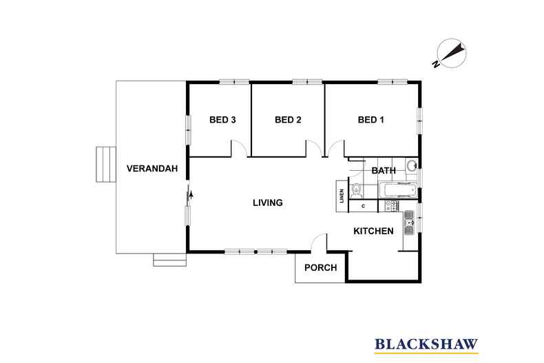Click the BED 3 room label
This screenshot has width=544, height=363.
(x=222, y=120)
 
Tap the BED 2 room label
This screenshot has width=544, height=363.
(x=288, y=120)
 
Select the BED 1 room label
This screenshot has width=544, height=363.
(x=371, y=120)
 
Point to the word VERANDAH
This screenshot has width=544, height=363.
(x=152, y=169)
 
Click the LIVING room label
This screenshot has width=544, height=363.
(x=268, y=203)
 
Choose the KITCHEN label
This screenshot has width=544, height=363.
(x=373, y=231)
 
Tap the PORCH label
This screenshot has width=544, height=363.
(x=321, y=267)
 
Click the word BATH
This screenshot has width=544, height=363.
(x=384, y=171)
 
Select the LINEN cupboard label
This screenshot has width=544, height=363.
(x=342, y=196)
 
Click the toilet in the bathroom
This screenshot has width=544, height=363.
(x=356, y=190)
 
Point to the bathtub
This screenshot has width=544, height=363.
(x=397, y=190)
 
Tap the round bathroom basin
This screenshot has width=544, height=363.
(x=412, y=165)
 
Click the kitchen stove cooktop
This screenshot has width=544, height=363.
(x=392, y=206)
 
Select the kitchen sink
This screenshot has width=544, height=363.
(x=409, y=222)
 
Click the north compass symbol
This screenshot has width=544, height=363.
(x=450, y=54)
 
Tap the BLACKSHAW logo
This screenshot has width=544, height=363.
(x=426, y=345)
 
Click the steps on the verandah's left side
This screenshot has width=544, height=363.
(x=105, y=164)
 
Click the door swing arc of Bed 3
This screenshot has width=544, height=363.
(x=240, y=147)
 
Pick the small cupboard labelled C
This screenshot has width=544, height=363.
(x=363, y=206)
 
